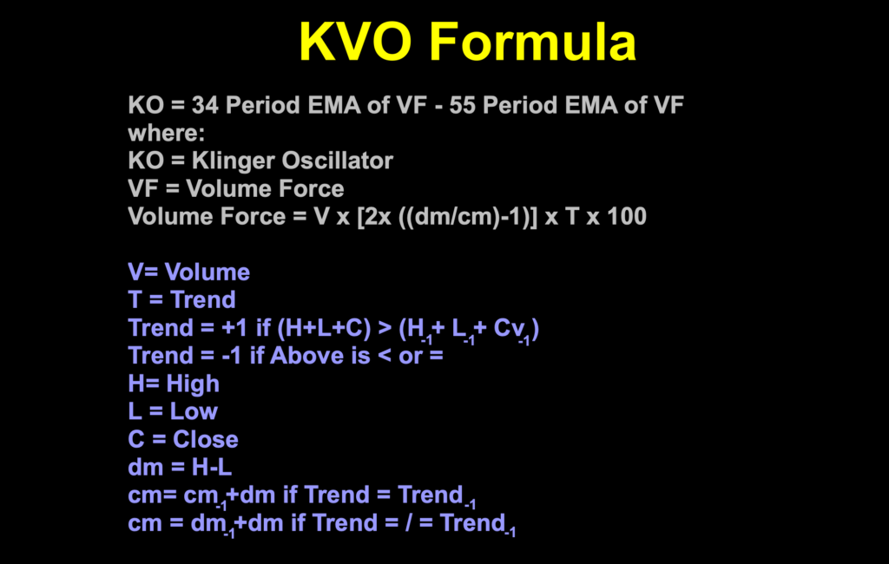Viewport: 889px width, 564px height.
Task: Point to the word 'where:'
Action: tap(161, 134)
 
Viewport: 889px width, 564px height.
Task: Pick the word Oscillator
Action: tap(337, 161)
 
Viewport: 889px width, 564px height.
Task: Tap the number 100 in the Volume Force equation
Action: tap(627, 217)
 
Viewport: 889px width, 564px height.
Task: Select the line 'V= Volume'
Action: tap(188, 272)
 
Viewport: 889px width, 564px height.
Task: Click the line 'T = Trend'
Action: tap(181, 300)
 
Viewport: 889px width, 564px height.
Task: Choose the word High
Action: tap(192, 384)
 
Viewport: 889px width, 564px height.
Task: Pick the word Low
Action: tap(194, 411)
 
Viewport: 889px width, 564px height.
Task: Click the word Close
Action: tap(205, 439)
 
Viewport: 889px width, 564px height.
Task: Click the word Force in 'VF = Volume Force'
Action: tap(308, 189)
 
